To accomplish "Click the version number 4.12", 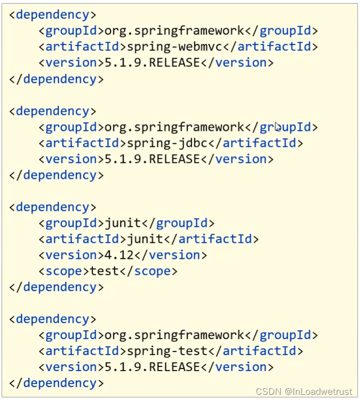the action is pyautogui.click(x=119, y=255).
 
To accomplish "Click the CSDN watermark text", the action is pyautogui.click(x=304, y=392).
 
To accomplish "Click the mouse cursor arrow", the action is pyautogui.click(x=277, y=126).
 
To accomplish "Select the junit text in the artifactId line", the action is pyautogui.click(x=145, y=239).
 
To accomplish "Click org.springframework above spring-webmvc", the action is pyautogui.click(x=174, y=30).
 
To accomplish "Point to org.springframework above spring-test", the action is pyautogui.click(x=174, y=335).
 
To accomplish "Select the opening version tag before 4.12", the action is pyautogui.click(x=67, y=255).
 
